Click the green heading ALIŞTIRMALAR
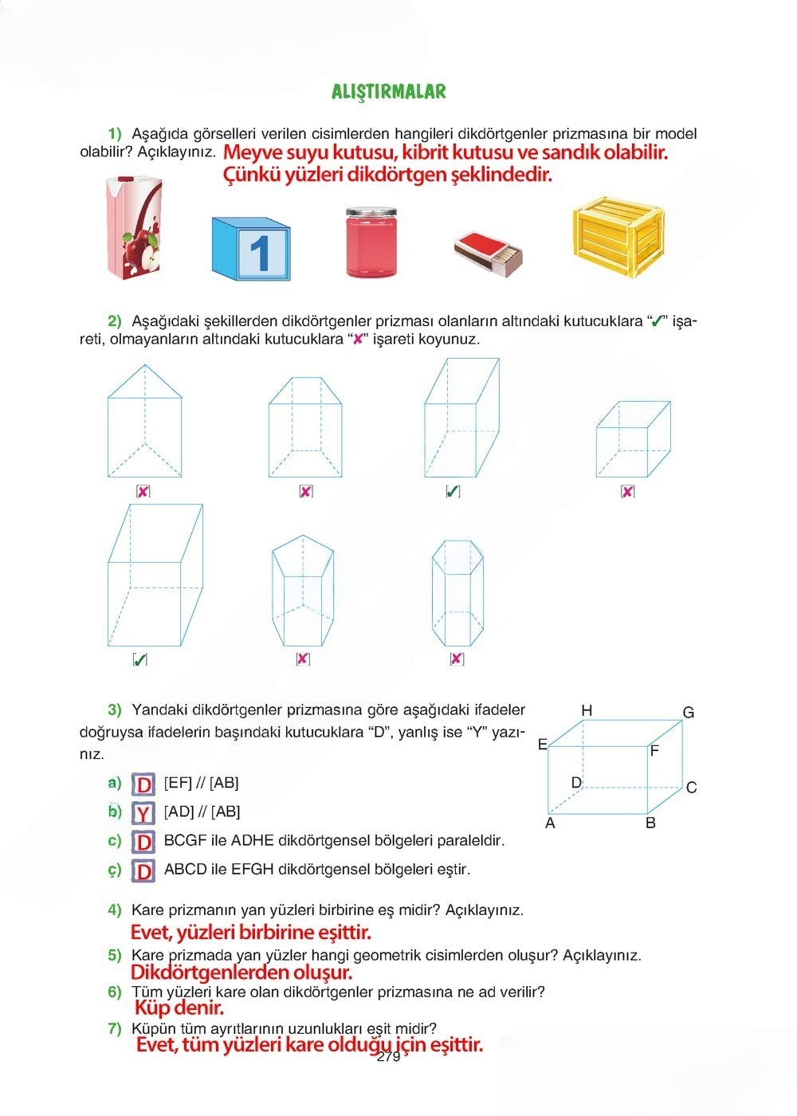pos(389,92)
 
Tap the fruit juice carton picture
pos(135,227)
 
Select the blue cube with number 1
pos(251,249)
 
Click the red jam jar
pos(371,242)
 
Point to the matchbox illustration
pos(488,253)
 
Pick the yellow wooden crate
pos(618,237)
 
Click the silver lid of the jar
pos(371,213)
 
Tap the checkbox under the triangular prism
pos(143,492)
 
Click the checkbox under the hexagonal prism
pos(457,658)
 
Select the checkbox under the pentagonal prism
pos(303,658)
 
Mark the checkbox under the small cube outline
pos(628,492)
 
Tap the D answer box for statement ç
pos(143,871)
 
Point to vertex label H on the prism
pos(587,711)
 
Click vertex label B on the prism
pos(650,823)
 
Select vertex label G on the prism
pos(689,713)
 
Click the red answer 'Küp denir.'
pos(179,1008)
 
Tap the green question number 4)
pos(115,910)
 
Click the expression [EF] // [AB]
pos(201,783)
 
